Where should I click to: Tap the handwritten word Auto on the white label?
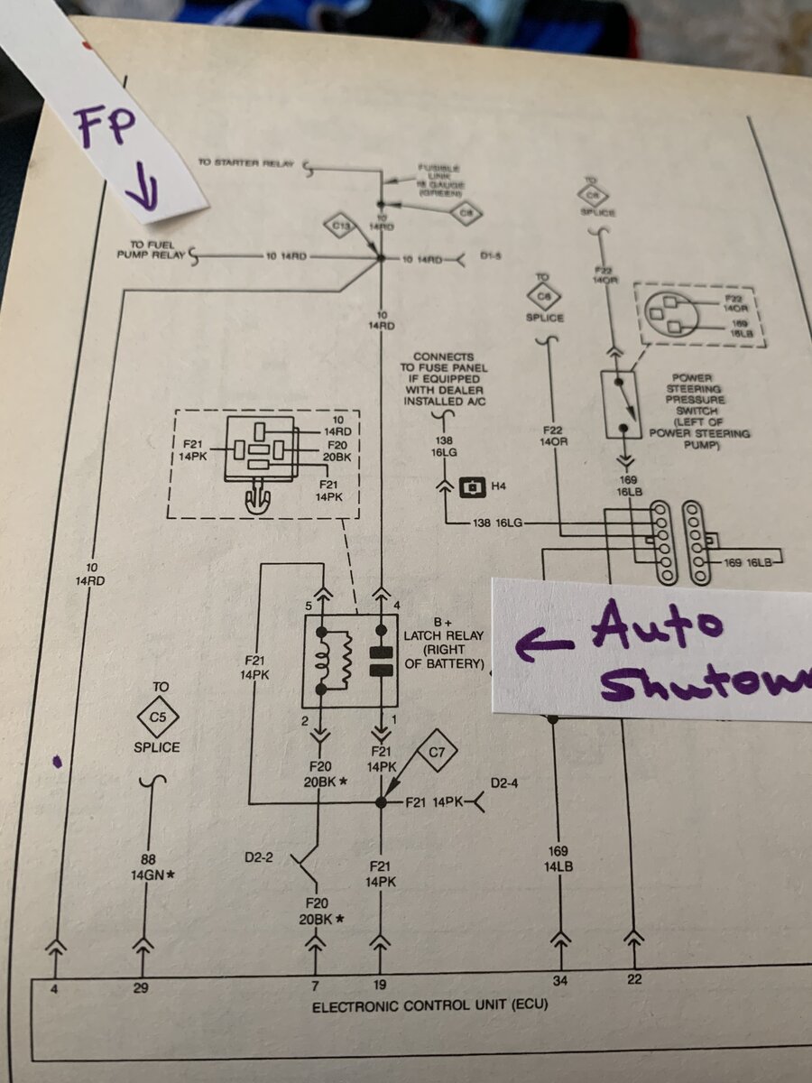pyautogui.click(x=658, y=627)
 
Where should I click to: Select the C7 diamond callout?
pyautogui.click(x=438, y=751)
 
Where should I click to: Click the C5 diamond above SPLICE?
pyautogui.click(x=158, y=718)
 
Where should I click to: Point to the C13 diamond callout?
pyautogui.click(x=342, y=226)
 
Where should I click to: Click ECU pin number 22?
pyautogui.click(x=634, y=978)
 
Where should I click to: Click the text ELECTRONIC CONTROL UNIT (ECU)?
pyautogui.click(x=429, y=1005)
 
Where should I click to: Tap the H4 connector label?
pyautogui.click(x=498, y=487)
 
